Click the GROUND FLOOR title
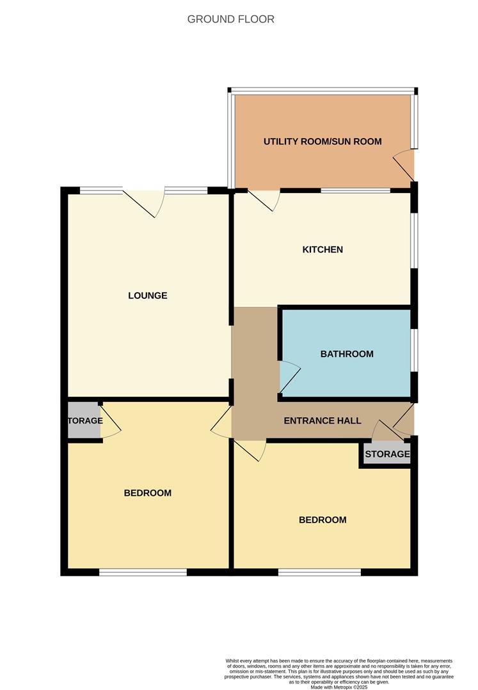pos(230,19)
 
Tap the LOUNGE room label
pos(147,296)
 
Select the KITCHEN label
pos(323,249)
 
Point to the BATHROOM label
pos(347,353)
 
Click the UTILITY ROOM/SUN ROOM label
pos(323,141)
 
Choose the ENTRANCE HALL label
pos(323,420)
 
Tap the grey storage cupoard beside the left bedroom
pos(84,420)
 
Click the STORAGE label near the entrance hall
pos(387,454)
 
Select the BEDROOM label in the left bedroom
pos(147,493)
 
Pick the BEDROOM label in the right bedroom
pos(323,519)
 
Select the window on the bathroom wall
pos(413,350)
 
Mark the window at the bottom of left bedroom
pos(143,572)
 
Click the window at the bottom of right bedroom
pos(319,572)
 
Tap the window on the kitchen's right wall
pos(413,240)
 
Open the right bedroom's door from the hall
pos(250,451)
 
